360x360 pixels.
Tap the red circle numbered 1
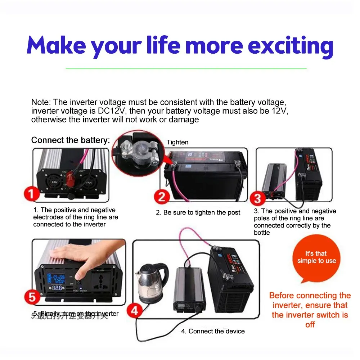(x=32, y=194)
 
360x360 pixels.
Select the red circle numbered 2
(x=162, y=197)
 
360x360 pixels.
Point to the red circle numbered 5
(x=33, y=298)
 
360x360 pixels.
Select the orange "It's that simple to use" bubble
(x=316, y=257)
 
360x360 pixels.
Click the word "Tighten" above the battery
(x=177, y=142)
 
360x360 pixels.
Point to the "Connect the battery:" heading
(x=71, y=140)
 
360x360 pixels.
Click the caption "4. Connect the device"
(x=213, y=331)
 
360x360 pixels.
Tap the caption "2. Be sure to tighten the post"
(x=198, y=213)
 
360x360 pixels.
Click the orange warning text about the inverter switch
(x=310, y=310)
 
